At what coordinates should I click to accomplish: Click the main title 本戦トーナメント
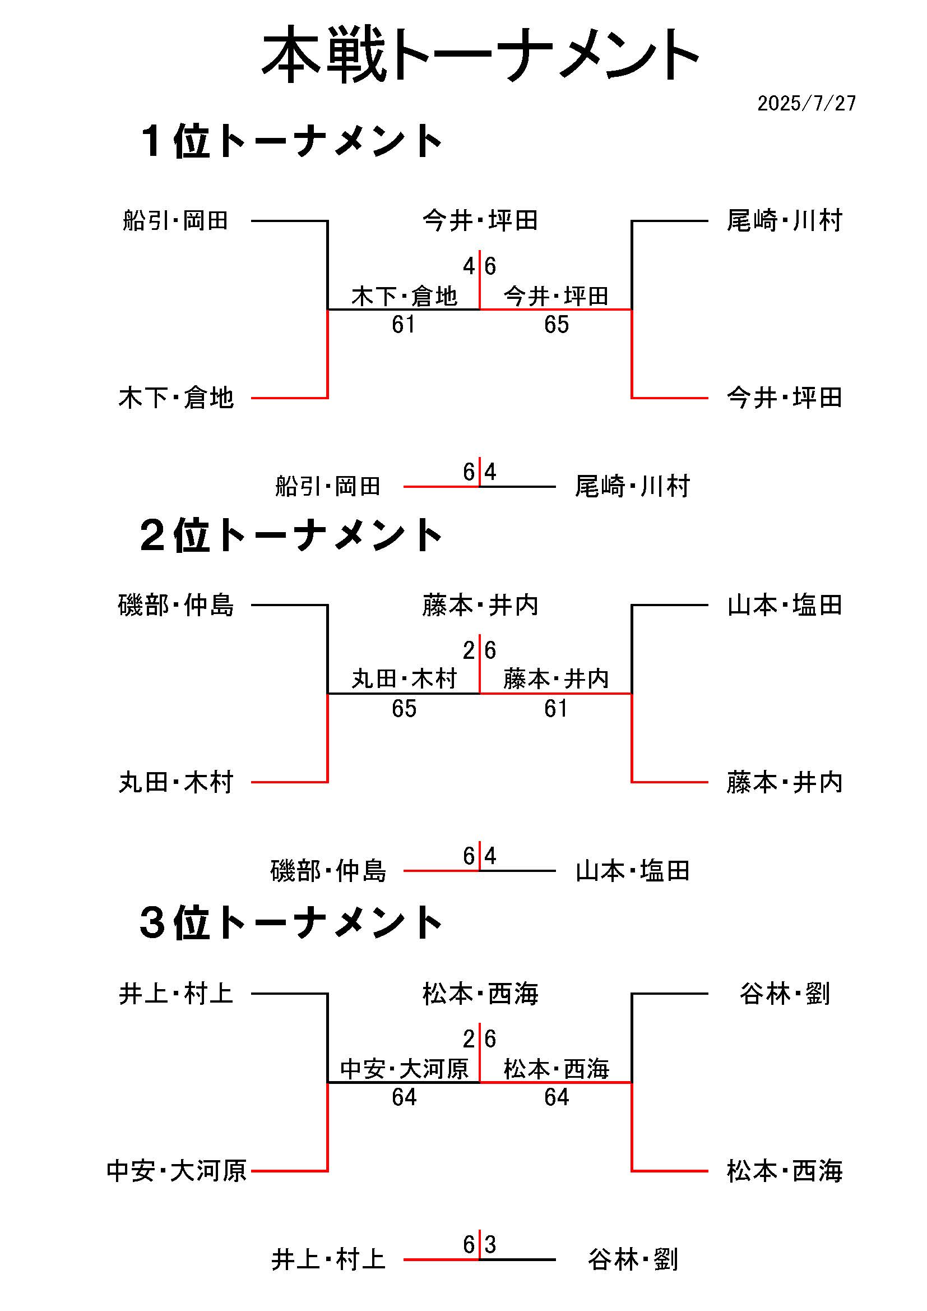[480, 56]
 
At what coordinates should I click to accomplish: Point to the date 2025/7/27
[806, 103]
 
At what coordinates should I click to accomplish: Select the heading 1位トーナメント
[291, 142]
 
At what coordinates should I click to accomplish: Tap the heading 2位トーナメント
[291, 536]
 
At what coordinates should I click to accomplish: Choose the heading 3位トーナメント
[291, 924]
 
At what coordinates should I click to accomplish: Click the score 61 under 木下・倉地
[404, 325]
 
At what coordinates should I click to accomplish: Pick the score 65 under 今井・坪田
[556, 325]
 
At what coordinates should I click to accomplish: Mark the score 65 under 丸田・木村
[404, 709]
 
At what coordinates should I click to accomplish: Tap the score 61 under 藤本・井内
[556, 709]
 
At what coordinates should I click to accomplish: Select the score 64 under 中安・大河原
[404, 1097]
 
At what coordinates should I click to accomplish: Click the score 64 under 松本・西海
[556, 1097]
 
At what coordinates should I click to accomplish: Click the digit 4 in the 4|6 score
[469, 266]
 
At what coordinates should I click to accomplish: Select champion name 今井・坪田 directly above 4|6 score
[480, 220]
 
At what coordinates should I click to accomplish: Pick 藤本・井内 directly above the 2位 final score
[480, 605]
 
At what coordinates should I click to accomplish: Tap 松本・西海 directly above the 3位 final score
[480, 994]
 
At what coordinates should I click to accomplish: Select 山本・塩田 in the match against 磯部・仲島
[632, 871]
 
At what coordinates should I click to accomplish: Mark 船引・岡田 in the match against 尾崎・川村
[328, 487]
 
